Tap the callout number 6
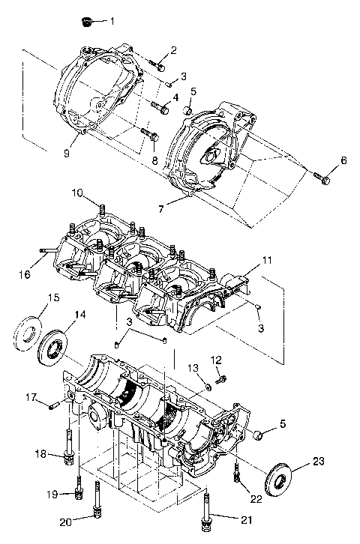343,160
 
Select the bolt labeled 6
324,178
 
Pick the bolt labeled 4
160,107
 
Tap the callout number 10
98,193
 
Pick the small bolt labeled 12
220,380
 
